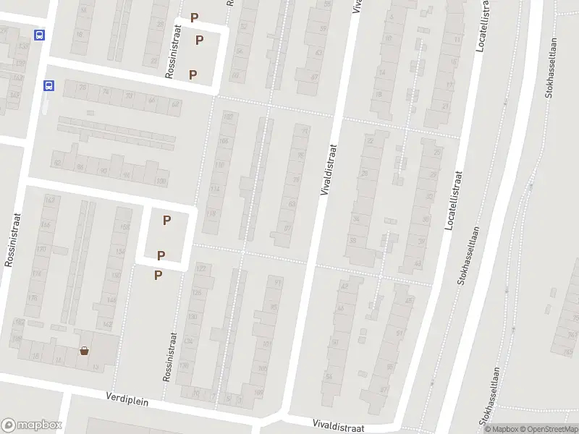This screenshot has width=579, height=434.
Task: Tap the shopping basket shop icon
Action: (x=85, y=351)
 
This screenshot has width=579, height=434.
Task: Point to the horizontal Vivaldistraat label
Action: (x=338, y=425)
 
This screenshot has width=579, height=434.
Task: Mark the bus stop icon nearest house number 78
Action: (x=48, y=85)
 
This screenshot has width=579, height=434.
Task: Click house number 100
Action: (x=161, y=182)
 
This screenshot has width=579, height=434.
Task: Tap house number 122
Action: (x=201, y=269)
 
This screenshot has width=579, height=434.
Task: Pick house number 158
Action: (x=124, y=228)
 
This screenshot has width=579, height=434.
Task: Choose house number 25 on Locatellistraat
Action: (x=437, y=153)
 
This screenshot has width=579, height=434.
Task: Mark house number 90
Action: (x=103, y=171)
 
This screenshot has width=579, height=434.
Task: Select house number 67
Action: (x=315, y=77)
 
